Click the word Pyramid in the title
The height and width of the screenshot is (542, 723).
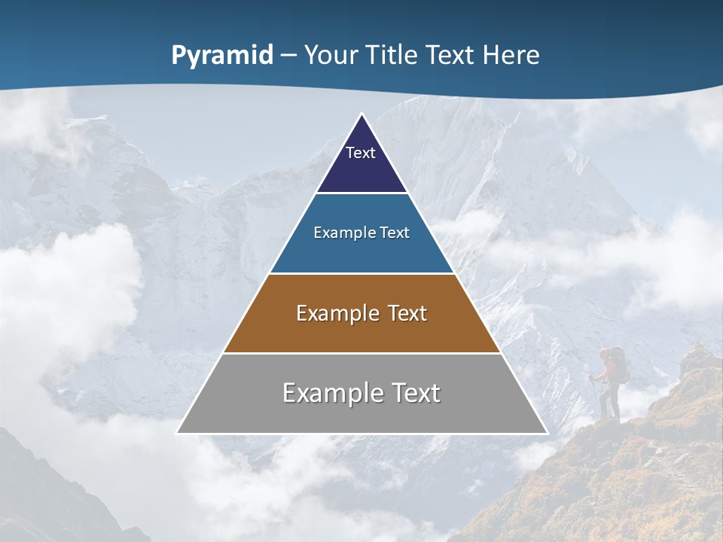pos(222,56)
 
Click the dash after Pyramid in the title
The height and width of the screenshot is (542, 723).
pos(288,56)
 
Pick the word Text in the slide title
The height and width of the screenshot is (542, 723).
pos(451,55)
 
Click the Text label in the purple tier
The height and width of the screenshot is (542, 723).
pos(361,153)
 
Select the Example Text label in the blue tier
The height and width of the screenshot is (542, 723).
pos(361,233)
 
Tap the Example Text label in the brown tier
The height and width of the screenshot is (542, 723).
pos(361,313)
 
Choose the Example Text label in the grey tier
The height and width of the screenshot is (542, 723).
pos(361,393)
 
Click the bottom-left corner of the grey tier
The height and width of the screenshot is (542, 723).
pos(178,433)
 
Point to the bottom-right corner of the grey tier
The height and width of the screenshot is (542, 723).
pos(546,433)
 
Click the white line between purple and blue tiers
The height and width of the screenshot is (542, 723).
pos(361,193)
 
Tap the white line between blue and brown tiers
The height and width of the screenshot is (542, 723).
pos(361,273)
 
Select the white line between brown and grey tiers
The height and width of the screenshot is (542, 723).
pos(361,353)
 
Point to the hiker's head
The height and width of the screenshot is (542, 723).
pos(605,353)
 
